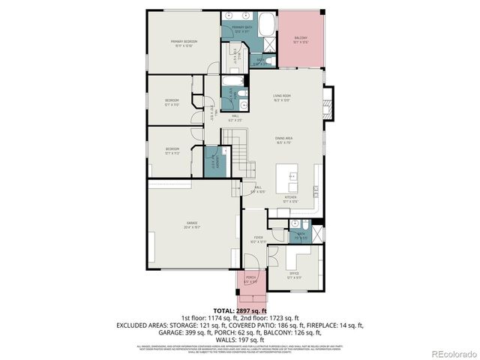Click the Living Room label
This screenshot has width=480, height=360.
281,97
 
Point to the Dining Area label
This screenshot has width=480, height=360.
283,139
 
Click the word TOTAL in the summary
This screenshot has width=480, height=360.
224,310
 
